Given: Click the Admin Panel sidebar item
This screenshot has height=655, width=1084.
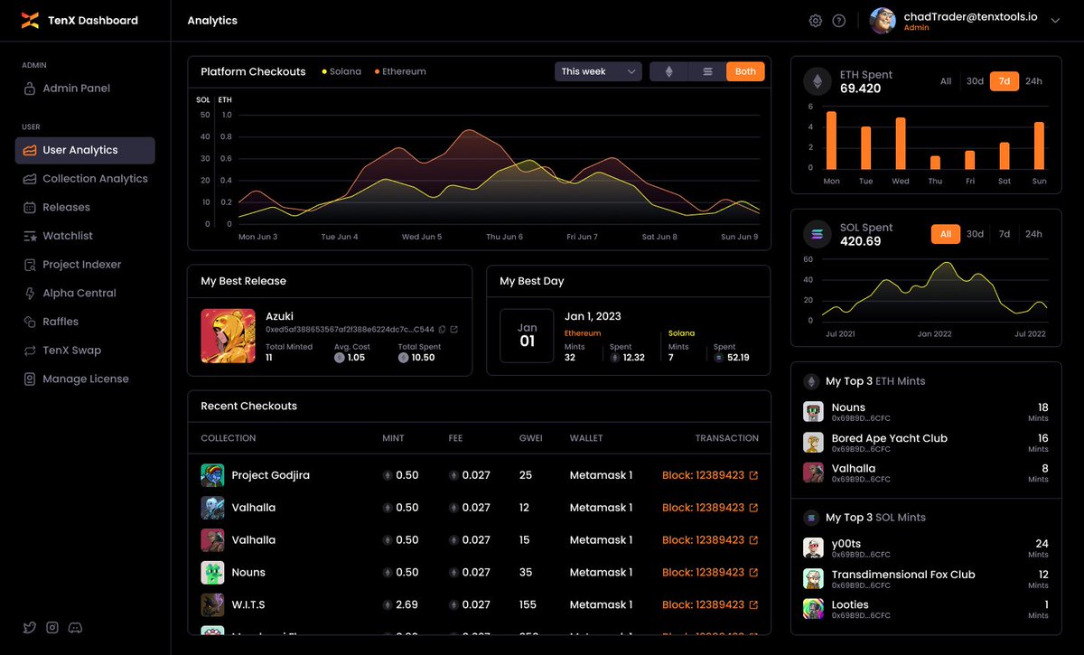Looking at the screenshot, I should tap(76, 89).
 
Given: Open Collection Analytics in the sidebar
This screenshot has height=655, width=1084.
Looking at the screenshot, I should tap(95, 179).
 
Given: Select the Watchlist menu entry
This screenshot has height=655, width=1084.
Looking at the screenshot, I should tap(68, 236).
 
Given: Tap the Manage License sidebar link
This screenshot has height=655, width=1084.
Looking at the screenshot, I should tap(85, 379).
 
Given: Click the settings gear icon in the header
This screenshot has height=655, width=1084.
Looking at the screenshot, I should tap(816, 21).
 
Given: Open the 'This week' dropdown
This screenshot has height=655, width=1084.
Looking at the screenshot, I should tap(598, 71).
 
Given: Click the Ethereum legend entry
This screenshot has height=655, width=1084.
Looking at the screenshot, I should tap(403, 71).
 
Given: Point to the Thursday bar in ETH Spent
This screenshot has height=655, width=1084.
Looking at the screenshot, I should tap(935, 163).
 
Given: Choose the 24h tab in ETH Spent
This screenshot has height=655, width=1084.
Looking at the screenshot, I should tap(1033, 81).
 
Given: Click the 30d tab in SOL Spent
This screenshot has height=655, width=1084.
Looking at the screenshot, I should tap(975, 234).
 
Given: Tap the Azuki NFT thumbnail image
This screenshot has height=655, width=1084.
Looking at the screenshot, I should tap(228, 336).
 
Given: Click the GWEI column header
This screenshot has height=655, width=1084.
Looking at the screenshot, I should tap(530, 438).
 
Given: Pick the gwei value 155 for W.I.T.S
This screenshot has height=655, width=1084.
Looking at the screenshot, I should tap(528, 604).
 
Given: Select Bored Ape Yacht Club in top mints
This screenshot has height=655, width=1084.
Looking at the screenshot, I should tap(889, 439).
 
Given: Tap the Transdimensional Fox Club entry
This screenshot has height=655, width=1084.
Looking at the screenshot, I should tap(902, 575).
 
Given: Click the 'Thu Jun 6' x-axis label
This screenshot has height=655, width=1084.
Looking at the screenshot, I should tap(504, 238).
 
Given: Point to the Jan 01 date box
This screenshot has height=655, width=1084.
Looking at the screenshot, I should tap(527, 336).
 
